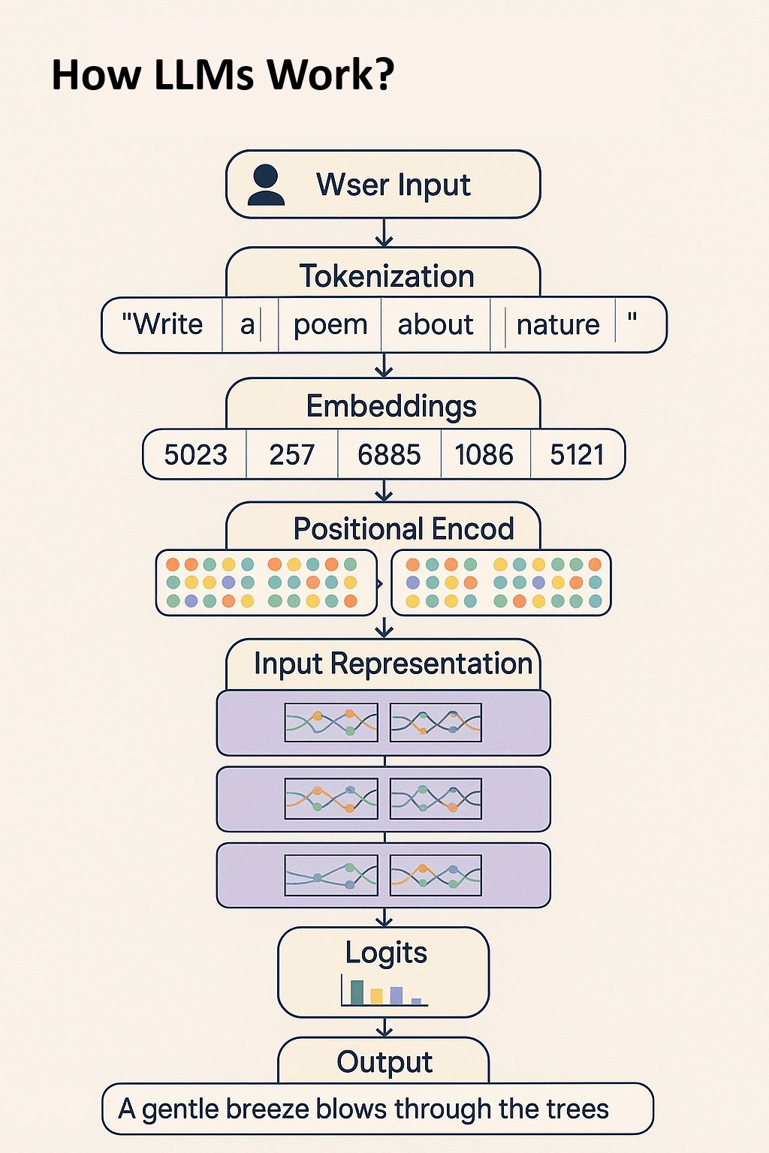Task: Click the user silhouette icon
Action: coord(266,186)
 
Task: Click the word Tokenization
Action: coord(387,276)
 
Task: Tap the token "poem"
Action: coord(330,325)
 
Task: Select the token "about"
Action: coord(435,325)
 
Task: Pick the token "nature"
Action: coord(558,325)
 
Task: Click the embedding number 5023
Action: coord(195,455)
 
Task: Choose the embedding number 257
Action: coord(291,455)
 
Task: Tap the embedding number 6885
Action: coord(389,455)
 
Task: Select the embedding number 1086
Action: coord(484,455)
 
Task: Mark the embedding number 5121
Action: coord(577,455)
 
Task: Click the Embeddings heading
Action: coord(391,406)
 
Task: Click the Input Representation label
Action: coord(393,664)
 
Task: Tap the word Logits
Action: coord(386,953)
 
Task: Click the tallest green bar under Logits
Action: coord(357,992)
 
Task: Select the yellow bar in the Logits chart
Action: coord(376,997)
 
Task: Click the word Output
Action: coord(384,1062)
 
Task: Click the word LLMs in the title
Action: coord(204,75)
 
